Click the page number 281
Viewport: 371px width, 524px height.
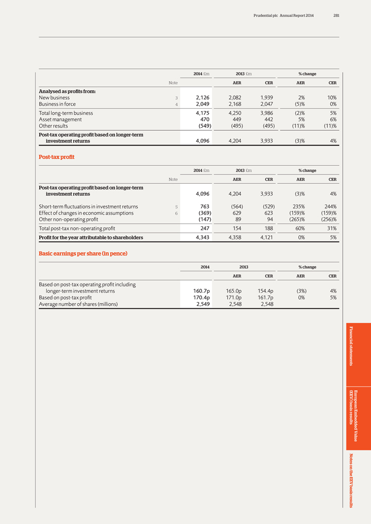tap(336, 15)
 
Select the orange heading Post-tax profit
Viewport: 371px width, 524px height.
tap(57, 156)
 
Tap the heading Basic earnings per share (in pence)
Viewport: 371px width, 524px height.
tap(83, 253)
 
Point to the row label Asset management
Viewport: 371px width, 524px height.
tap(61, 118)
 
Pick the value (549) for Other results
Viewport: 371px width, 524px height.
tap(201, 126)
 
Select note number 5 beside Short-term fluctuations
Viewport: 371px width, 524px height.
tap(176, 206)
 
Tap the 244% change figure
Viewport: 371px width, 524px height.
tap(330, 206)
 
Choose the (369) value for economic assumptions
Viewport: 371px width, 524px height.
tap(201, 213)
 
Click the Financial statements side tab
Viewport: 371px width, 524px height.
tap(353, 346)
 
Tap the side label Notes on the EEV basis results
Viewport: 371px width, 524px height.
tap(353, 480)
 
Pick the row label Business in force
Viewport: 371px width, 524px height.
tap(57, 104)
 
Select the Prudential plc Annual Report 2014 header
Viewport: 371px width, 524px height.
tap(283, 15)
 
